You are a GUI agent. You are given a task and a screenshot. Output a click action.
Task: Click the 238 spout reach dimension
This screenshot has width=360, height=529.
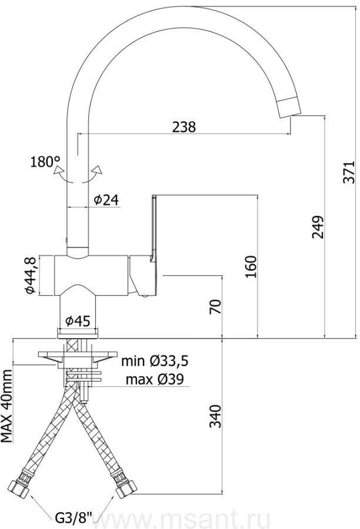184,127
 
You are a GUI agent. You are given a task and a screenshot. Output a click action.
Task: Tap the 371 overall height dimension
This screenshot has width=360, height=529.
349,172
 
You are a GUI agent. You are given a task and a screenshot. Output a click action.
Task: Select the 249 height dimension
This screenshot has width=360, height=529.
318,226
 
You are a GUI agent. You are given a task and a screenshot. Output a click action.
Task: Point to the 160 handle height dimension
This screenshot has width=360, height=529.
251,267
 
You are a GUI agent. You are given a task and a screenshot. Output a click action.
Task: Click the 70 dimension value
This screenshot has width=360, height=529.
215,306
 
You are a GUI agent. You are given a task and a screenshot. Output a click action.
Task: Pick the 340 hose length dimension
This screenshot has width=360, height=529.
215,416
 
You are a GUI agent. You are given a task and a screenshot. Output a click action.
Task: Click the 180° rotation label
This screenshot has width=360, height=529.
45,162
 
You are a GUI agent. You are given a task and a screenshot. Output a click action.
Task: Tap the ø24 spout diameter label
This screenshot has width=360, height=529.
106,200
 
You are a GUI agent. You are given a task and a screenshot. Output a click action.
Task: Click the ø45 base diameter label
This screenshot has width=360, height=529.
78,321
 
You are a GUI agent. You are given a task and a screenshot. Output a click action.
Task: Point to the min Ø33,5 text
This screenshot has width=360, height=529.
155,361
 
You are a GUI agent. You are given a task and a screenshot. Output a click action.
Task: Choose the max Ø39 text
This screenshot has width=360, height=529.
155,380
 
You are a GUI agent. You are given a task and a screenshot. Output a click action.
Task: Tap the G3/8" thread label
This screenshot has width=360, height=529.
74,517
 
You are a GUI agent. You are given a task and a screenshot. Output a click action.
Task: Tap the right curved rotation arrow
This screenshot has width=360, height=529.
96,173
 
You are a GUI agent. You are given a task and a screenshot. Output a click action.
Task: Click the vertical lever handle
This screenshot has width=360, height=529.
154,227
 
